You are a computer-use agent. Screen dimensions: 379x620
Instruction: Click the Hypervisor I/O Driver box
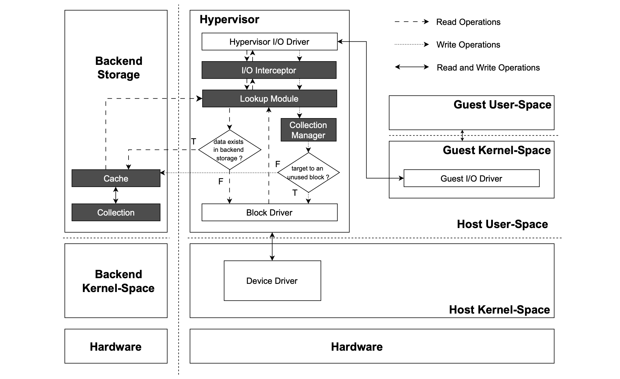click(269, 42)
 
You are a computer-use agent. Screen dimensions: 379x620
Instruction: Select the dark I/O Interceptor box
click(269, 70)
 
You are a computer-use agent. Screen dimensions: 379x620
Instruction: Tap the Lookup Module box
click(269, 99)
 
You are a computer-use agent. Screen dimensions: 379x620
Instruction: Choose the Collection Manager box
click(308, 130)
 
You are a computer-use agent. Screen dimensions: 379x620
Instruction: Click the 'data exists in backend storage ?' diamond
click(229, 150)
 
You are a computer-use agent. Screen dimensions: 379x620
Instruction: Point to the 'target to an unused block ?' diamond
click(308, 173)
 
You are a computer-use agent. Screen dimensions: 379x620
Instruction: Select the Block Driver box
click(269, 212)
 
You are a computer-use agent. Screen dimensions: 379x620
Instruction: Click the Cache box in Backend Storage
click(116, 178)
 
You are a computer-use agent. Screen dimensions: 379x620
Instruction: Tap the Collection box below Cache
click(116, 212)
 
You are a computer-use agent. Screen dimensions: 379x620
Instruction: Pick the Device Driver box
click(272, 281)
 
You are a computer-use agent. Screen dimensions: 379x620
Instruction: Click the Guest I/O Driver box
click(471, 178)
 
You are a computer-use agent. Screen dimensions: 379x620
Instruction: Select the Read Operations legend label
click(468, 22)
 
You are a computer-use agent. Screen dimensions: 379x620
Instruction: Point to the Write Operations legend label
click(468, 45)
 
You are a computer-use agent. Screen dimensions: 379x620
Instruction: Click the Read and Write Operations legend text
click(488, 68)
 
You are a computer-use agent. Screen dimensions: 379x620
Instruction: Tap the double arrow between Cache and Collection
click(116, 195)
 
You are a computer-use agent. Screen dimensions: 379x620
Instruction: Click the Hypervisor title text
click(229, 20)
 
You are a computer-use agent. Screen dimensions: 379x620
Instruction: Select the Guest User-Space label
click(502, 105)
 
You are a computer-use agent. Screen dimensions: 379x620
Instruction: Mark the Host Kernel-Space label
click(499, 310)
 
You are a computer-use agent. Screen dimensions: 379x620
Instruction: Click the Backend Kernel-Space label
click(118, 281)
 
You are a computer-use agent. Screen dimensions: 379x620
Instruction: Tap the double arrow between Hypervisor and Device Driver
click(272, 246)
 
